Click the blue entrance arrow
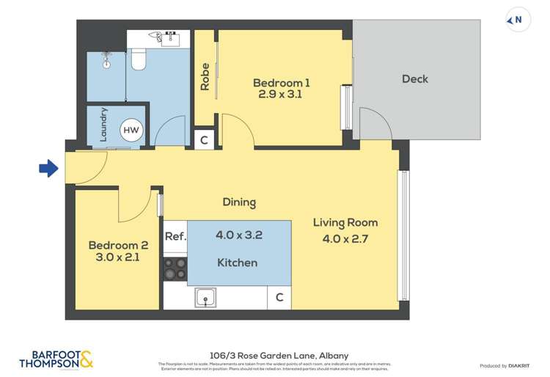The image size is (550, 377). pos(48,169)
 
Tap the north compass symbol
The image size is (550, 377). pos(516,21)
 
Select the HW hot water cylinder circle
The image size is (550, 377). pos(131,131)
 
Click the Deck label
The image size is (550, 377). pos(415,78)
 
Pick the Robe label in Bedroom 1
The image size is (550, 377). pos(205,77)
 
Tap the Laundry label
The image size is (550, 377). pos(104,125)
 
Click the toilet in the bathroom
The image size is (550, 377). pos(137,59)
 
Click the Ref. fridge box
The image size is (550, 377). pos(175,236)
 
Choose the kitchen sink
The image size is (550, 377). pos(206,296)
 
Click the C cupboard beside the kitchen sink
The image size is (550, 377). pos(279,297)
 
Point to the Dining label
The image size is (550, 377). pos(240,202)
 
